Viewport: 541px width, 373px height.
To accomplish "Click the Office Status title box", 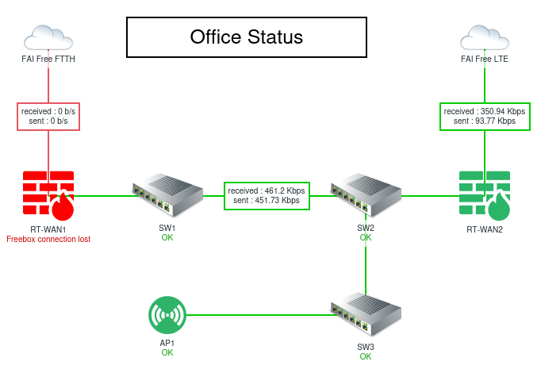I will pyautogui.click(x=246, y=37).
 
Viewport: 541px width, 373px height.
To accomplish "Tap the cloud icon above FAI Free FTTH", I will pyautogui.click(x=48, y=37).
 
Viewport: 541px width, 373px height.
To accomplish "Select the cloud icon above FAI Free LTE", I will pyautogui.click(x=485, y=37).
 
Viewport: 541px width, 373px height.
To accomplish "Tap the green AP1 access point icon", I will pyautogui.click(x=167, y=315).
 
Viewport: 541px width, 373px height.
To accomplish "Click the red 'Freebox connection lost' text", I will pyautogui.click(x=48, y=238).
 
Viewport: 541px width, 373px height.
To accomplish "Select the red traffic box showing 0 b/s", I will pyautogui.click(x=48, y=116).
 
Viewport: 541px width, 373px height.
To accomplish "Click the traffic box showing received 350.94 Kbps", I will pyautogui.click(x=485, y=116).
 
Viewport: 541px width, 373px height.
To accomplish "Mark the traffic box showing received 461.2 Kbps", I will pyautogui.click(x=267, y=195).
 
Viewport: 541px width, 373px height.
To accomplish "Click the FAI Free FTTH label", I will pyautogui.click(x=48, y=59).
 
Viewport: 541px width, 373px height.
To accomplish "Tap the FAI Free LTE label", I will pyautogui.click(x=485, y=59).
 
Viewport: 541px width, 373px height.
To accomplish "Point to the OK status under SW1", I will pyautogui.click(x=167, y=237).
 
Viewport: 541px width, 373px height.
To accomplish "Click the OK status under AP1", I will pyautogui.click(x=167, y=352).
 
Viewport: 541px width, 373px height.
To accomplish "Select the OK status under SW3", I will pyautogui.click(x=365, y=356).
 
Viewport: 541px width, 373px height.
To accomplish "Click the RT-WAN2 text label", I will pyautogui.click(x=485, y=229).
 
